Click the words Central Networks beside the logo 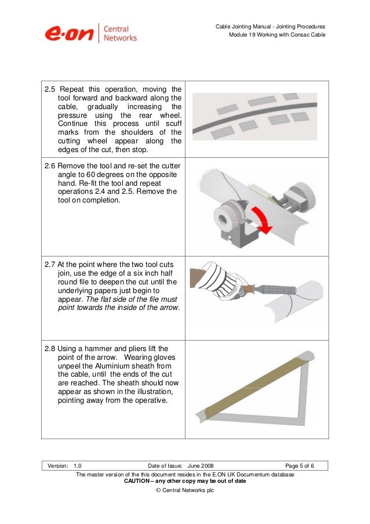121,33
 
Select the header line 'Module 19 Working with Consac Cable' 278,36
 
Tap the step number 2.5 52,89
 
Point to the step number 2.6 52,165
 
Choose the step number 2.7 52,264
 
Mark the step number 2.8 52,348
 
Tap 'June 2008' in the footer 204,466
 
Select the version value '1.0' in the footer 78,466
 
